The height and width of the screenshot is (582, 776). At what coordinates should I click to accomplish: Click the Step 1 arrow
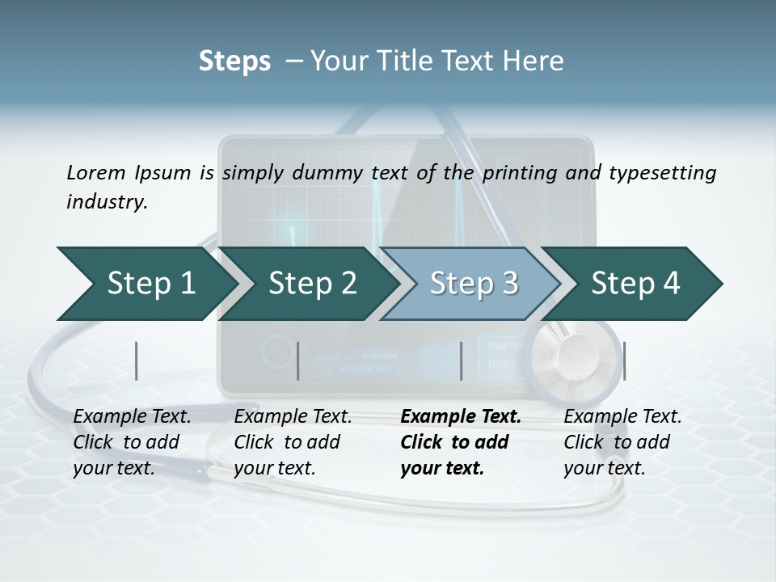pos(145,284)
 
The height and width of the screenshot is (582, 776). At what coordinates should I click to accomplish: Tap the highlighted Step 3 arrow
pos(473,284)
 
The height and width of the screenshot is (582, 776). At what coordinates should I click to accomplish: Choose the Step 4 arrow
pos(635,284)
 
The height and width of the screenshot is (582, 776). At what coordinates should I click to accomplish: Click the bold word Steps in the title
pos(234,61)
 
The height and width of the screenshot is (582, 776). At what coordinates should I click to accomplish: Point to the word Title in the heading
pos(392,61)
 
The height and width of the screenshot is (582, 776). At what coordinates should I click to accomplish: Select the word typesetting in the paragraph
pos(662,172)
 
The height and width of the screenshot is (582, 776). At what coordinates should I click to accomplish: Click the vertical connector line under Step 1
pos(137,361)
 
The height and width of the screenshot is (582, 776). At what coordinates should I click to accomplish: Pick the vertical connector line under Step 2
pos(298,361)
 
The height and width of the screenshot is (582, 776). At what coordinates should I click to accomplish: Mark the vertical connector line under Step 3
pos(461,361)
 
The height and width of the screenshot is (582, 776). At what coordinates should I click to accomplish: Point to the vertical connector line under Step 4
pos(624,361)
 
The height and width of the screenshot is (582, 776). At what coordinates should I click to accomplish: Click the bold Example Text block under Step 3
pos(461,442)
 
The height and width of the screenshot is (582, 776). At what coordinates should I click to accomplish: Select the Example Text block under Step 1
pos(133,442)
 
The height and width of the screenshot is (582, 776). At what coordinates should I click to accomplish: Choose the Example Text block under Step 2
pos(293,442)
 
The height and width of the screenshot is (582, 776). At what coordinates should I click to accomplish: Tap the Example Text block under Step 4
pos(622,442)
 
